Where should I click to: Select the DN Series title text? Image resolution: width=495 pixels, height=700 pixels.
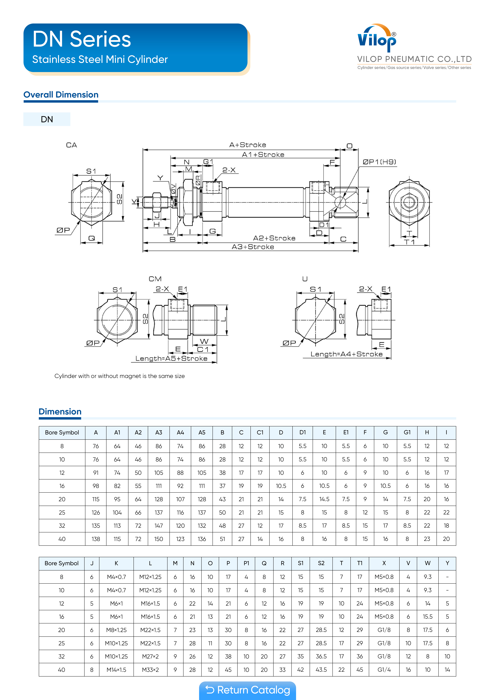pos(82,39)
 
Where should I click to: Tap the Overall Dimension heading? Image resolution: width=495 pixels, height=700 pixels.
pos(61,95)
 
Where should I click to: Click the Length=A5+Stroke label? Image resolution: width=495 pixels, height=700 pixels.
pos(171,359)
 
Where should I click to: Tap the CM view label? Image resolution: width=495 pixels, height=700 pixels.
pos(155,279)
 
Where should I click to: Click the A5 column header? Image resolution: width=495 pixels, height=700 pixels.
pos(202,433)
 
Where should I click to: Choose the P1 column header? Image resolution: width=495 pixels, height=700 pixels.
pos(246,563)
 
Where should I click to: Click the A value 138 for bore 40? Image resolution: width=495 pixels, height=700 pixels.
pos(96,539)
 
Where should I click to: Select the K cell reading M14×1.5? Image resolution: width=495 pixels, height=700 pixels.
pos(116,670)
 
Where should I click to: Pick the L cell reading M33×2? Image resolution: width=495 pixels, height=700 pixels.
pos(150,670)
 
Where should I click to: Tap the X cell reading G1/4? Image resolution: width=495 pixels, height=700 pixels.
pos(384,670)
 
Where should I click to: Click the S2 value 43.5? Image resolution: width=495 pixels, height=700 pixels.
pos(321,670)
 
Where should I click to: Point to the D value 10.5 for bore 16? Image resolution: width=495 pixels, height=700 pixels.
pos(281,486)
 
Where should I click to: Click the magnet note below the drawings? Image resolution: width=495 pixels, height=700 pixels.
pos(120,376)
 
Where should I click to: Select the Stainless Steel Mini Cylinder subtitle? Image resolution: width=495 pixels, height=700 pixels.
pos(100,59)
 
